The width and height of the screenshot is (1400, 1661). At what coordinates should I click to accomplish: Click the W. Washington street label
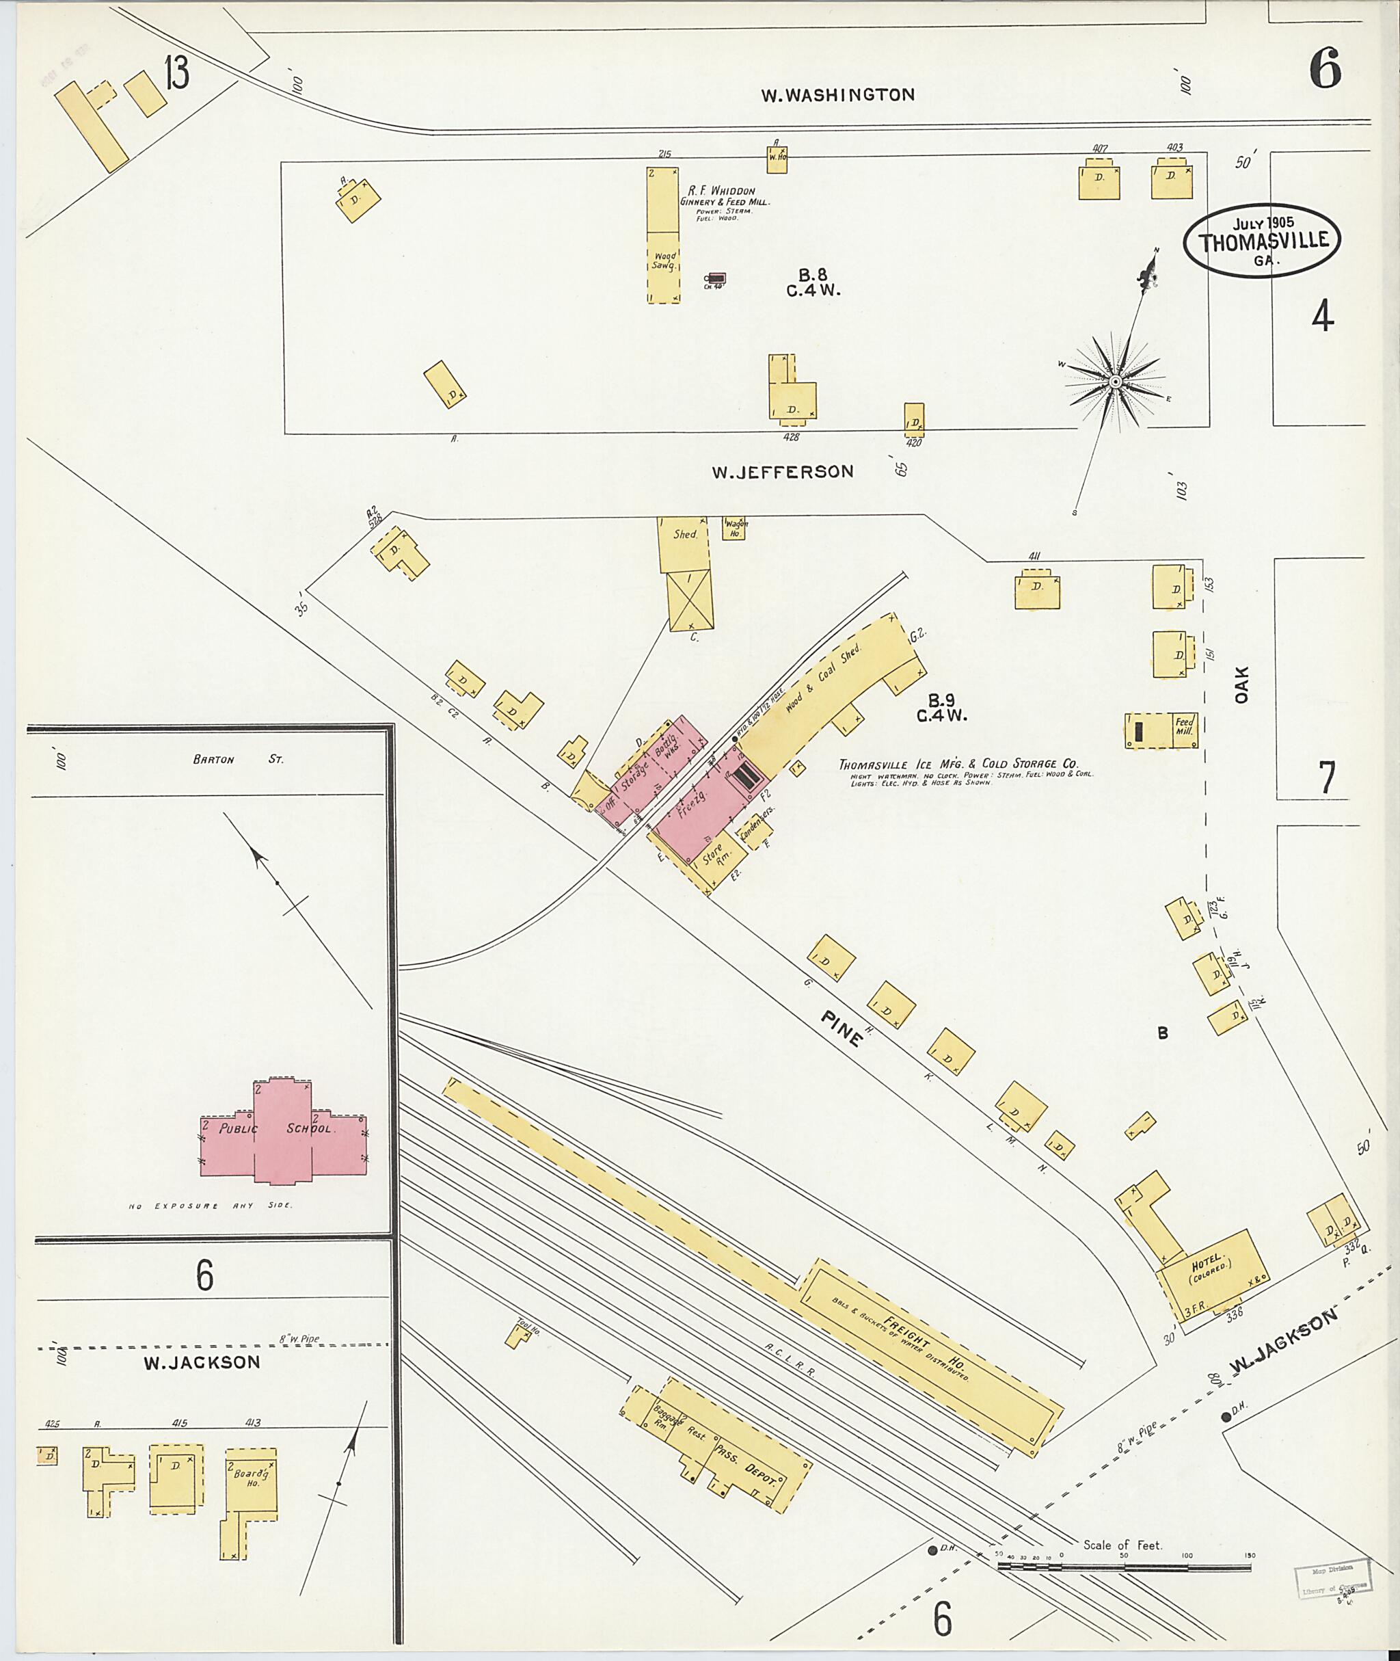tap(837, 95)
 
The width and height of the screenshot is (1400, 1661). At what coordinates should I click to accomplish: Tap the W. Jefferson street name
tap(782, 472)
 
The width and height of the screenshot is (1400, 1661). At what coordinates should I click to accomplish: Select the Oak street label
tap(1242, 684)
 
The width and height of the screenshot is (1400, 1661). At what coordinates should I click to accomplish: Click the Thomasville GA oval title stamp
tap(1261, 241)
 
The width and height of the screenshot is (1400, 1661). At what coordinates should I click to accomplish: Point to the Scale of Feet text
tap(1122, 1545)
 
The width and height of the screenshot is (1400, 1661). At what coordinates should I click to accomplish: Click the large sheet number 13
tap(177, 74)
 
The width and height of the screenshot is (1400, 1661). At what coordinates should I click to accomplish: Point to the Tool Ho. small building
tap(518, 1336)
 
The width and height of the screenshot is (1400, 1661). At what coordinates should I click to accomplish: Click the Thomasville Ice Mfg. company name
tap(958, 764)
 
